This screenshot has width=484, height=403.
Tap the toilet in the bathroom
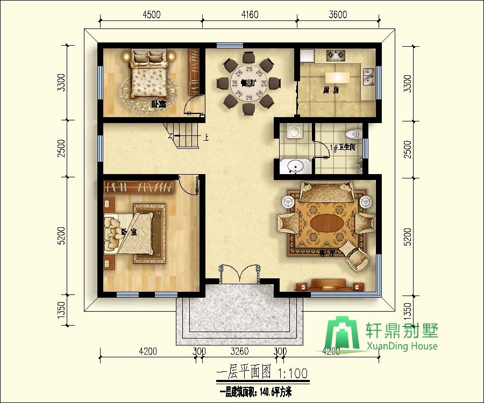[352, 134]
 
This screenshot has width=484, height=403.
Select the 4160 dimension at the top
[249, 15]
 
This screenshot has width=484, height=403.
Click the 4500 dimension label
[151, 15]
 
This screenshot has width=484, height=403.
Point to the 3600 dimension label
[337, 15]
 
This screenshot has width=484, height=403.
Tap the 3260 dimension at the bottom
[239, 352]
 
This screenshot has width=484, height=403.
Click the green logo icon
[345, 334]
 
